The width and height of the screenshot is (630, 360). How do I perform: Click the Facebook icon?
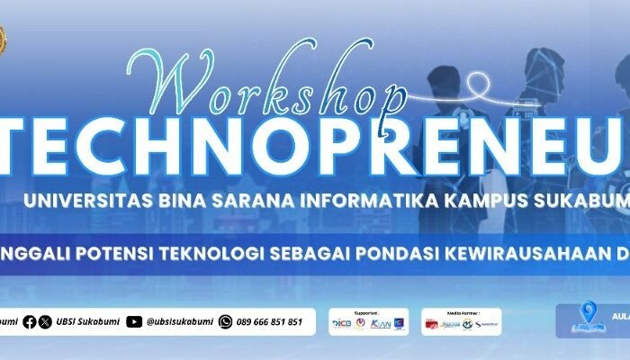[31, 321]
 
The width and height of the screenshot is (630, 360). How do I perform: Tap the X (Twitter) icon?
[46, 321]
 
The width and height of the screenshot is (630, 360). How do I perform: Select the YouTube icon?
[134, 321]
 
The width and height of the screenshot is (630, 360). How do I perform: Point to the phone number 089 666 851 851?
[269, 321]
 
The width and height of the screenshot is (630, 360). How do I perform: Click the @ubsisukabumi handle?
[177, 321]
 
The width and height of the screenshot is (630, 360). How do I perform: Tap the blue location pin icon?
[590, 314]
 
